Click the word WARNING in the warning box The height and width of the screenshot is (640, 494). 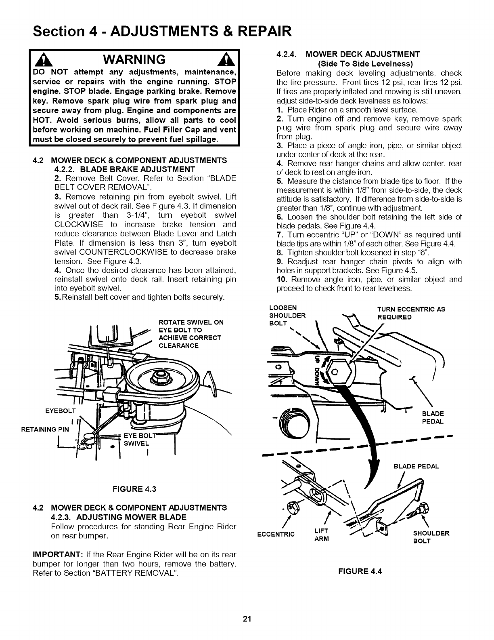[x=134, y=60]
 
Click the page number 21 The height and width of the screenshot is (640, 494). [x=247, y=619]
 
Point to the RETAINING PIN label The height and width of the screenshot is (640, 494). [x=45, y=429]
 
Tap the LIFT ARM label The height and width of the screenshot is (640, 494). [x=321, y=535]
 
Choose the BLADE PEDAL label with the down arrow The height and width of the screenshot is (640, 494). [x=416, y=466]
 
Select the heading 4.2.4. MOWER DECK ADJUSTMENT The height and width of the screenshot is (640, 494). [x=348, y=54]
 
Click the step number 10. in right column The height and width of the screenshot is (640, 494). [x=282, y=279]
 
